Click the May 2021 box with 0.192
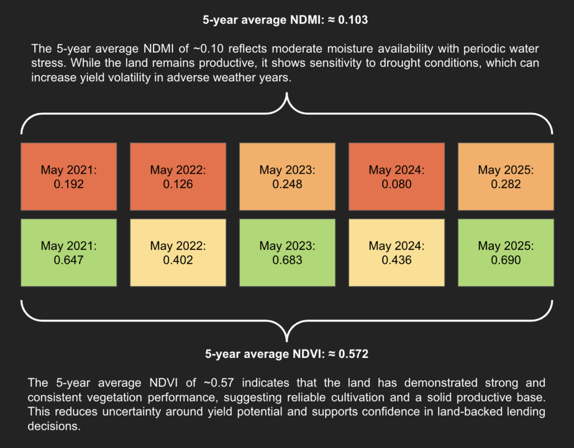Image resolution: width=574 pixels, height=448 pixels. [x=69, y=177]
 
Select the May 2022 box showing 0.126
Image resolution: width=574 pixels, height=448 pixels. [x=178, y=177]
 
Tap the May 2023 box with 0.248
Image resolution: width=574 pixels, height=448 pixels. [x=288, y=177]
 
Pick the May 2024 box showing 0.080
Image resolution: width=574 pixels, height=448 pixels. [x=397, y=177]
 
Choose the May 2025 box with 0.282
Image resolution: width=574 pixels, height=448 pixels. [x=506, y=177]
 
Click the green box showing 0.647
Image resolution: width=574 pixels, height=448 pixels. [x=69, y=253]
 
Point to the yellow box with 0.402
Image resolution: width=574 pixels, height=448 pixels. [x=178, y=253]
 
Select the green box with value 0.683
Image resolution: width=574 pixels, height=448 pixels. [x=288, y=253]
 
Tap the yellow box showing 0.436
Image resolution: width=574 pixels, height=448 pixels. [x=397, y=253]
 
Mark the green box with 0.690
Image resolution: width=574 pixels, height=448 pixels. [x=506, y=253]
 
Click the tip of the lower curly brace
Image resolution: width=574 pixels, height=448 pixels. [x=287, y=340]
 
